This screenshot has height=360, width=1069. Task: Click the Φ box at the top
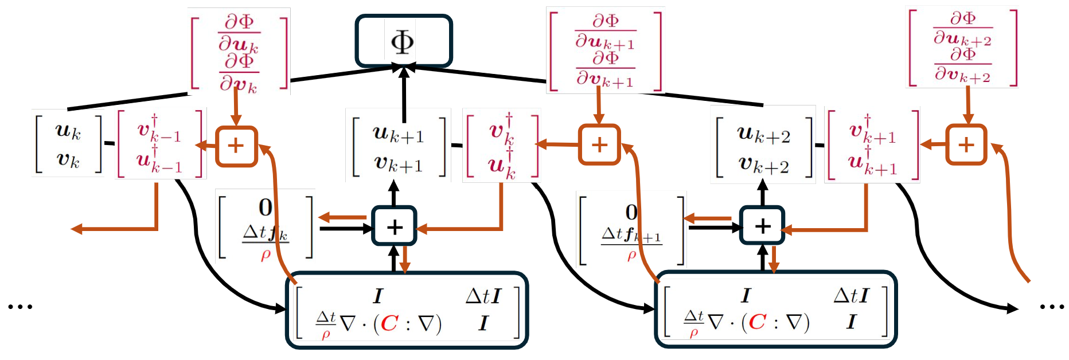coord(403,41)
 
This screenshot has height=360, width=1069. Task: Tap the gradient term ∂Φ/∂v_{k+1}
coord(605,69)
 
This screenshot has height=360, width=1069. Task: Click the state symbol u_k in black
coord(68,131)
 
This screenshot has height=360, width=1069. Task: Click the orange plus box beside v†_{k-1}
coord(236,146)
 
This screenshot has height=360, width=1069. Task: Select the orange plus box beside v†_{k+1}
coord(966,144)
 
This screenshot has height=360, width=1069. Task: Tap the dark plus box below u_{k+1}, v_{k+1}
coord(394,226)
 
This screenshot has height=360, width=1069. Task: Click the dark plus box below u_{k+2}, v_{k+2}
coord(762,226)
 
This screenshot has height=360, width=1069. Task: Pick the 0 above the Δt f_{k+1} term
coord(631,213)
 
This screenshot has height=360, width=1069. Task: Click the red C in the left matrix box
coord(389,323)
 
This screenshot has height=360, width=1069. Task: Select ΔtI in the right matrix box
coord(851,296)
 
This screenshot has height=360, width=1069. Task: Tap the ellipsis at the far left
coord(20,307)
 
